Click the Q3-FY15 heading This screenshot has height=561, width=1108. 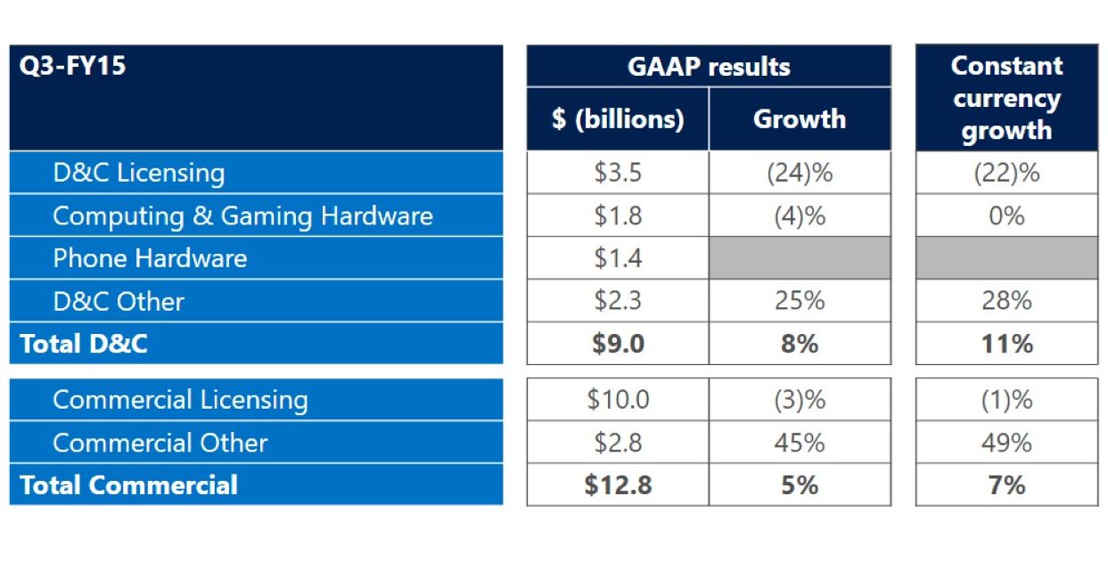(73, 66)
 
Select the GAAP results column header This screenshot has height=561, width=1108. (709, 66)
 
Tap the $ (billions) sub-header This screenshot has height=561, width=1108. (618, 118)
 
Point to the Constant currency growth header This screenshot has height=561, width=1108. (1006, 98)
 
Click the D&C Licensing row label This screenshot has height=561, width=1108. (139, 172)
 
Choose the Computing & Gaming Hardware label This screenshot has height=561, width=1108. (242, 215)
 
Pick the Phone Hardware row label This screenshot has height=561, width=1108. (150, 258)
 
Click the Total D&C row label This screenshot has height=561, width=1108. (84, 344)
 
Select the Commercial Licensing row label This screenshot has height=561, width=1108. (180, 400)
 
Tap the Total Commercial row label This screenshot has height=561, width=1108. (128, 485)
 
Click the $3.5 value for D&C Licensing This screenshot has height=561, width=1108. (618, 172)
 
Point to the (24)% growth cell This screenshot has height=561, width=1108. (800, 172)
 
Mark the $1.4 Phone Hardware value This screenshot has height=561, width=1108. (618, 258)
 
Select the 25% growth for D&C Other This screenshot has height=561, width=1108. (800, 301)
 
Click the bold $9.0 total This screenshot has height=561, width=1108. (618, 344)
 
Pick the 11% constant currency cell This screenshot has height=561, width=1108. (1006, 344)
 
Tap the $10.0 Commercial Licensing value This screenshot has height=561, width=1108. (618, 400)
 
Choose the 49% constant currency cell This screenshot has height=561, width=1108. (1006, 443)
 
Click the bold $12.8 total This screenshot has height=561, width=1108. (618, 485)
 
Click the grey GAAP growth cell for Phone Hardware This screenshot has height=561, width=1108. (800, 258)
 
